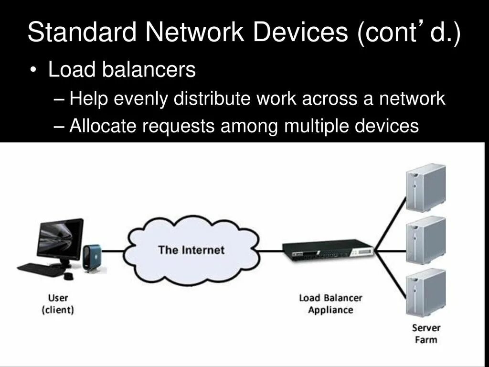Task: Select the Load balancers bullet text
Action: pyautogui.click(x=122, y=70)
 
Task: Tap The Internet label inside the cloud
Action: pyautogui.click(x=191, y=249)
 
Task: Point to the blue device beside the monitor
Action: pyautogui.click(x=92, y=258)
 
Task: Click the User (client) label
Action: pyautogui.click(x=58, y=304)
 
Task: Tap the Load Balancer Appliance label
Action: pyautogui.click(x=330, y=304)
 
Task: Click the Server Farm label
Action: pyautogui.click(x=426, y=334)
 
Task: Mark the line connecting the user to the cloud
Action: pyautogui.click(x=115, y=250)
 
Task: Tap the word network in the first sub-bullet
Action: pyautogui.click(x=412, y=99)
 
